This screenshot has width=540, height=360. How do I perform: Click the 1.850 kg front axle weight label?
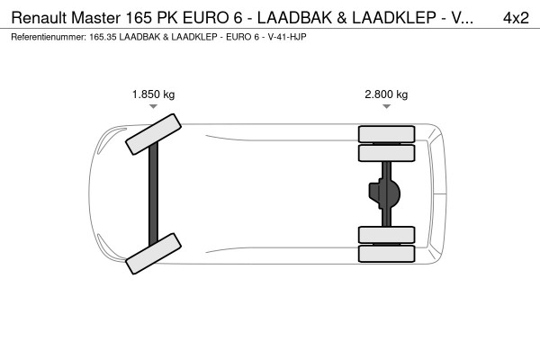point(153,94)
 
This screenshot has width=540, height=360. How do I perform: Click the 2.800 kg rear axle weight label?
point(386,94)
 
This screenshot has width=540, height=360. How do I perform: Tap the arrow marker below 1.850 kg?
point(153,107)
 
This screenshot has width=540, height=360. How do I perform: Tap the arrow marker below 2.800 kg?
point(386,107)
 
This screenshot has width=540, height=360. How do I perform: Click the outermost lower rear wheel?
point(386,253)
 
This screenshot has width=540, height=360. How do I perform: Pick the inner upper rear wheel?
point(386,152)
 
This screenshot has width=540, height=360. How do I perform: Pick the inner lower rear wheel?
point(386,235)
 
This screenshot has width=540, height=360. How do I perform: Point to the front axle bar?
point(153,193)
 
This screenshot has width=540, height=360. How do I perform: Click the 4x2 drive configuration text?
point(516,17)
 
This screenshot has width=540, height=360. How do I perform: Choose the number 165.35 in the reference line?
point(105,37)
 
